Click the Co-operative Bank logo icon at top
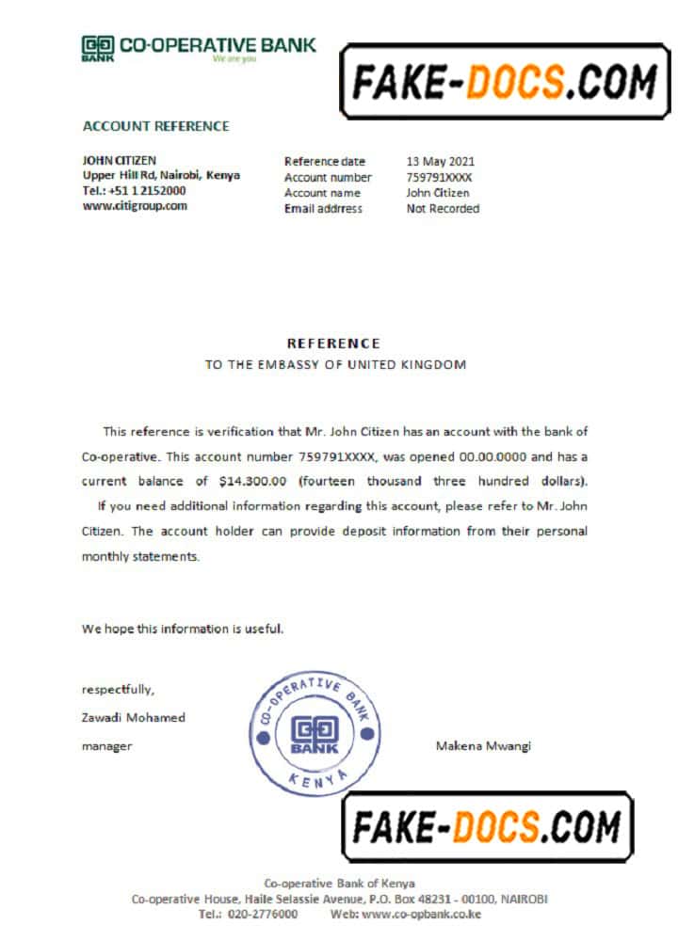[98, 47]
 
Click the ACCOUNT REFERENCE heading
[156, 126]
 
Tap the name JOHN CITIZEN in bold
[120, 161]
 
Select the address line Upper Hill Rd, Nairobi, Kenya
[161, 175]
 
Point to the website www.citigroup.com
[135, 205]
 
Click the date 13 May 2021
[441, 162]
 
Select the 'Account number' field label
[328, 177]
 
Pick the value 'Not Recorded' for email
[443, 209]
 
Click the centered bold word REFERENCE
[334, 343]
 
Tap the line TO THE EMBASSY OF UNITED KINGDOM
[335, 364]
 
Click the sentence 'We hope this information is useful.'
[182, 629]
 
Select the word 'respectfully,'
[112, 690]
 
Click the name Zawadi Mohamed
[134, 718]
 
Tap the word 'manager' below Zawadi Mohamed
[106, 746]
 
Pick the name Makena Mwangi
[483, 746]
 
